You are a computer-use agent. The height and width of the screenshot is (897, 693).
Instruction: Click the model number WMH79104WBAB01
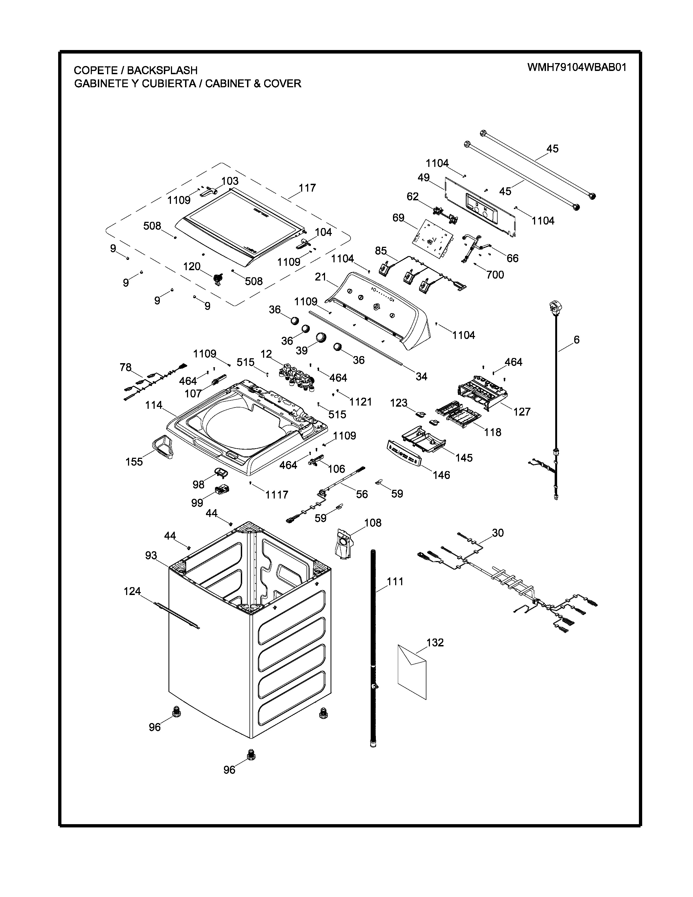577,67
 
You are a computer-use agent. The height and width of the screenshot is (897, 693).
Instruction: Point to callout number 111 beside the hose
395,582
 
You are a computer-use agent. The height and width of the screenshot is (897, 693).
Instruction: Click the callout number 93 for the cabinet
151,555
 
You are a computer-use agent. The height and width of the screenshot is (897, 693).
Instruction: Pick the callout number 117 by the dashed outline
307,188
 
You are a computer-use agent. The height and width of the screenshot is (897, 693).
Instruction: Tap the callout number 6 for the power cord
576,340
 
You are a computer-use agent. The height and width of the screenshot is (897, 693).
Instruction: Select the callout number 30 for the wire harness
498,533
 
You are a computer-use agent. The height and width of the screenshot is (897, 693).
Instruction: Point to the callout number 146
441,475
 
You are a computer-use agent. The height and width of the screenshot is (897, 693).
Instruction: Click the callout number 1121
360,402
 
